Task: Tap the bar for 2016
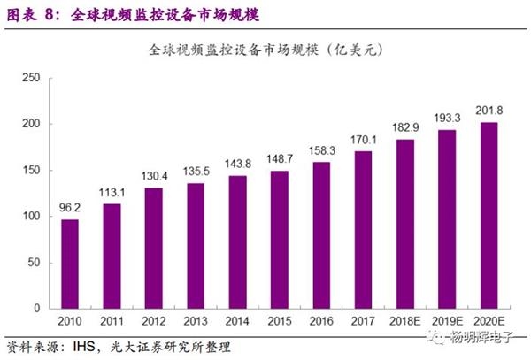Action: (321, 234)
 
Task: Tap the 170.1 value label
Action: (364, 142)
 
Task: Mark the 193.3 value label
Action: (448, 120)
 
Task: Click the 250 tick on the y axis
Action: (31, 78)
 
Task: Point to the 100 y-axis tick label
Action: (31, 216)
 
